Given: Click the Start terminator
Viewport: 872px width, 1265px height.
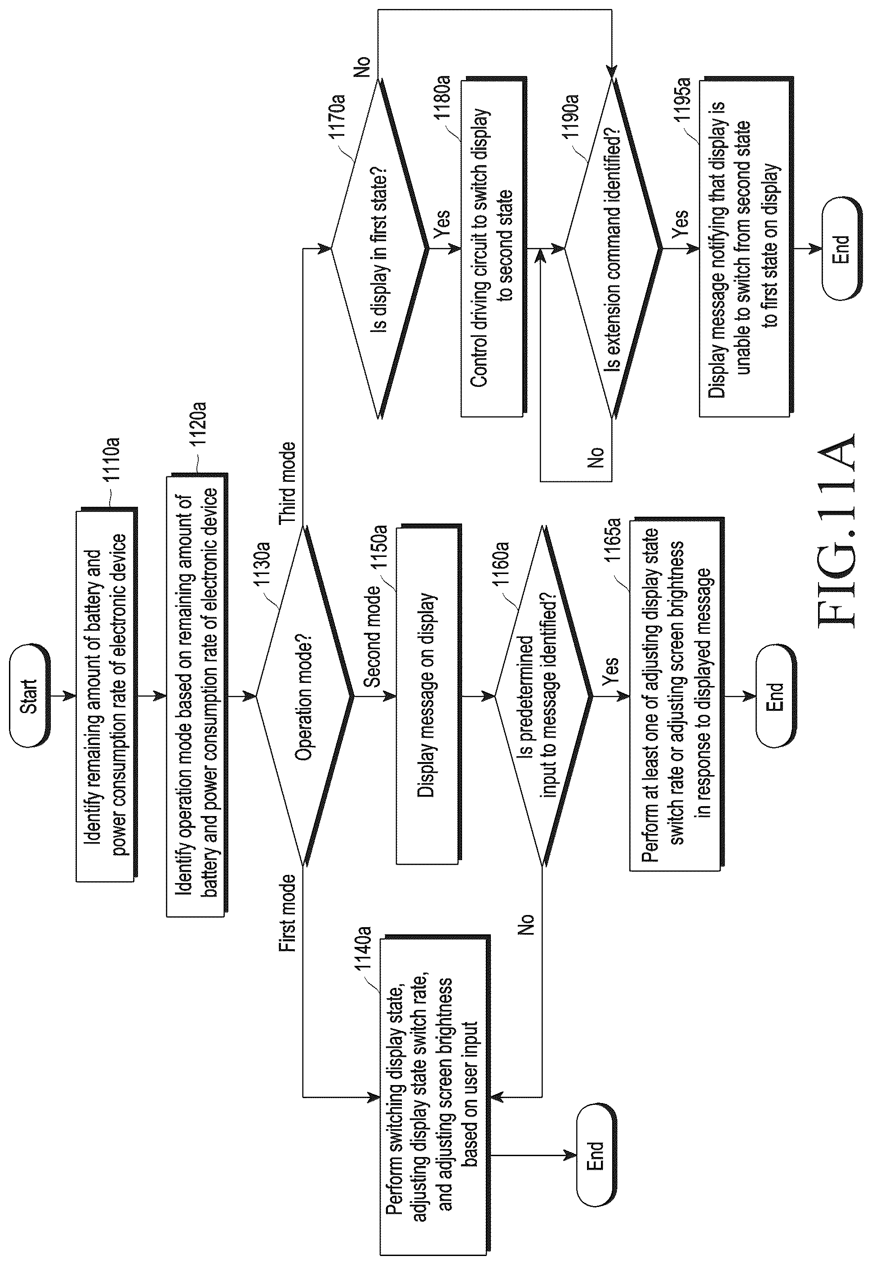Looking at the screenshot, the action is click(29, 696).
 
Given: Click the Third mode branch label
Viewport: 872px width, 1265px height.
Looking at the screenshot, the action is click(288, 483).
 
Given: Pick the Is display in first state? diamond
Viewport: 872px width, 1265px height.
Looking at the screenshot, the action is click(380, 249).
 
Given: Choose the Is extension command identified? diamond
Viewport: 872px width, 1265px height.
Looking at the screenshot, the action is click(614, 249).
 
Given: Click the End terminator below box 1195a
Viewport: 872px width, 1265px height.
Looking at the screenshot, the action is click(841, 249).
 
